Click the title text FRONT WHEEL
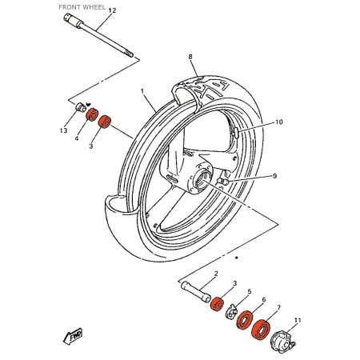tap(82, 6)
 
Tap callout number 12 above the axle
tap(111, 10)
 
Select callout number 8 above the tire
tap(190, 57)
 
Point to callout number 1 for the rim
tap(142, 92)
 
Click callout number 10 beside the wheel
tap(279, 122)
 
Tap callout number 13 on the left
tap(63, 130)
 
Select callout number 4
tap(77, 138)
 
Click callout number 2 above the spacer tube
tap(215, 274)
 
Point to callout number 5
tap(249, 292)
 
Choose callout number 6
tap(263, 299)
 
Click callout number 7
tap(278, 307)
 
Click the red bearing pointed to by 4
tap(91, 116)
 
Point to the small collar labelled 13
tap(80, 109)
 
